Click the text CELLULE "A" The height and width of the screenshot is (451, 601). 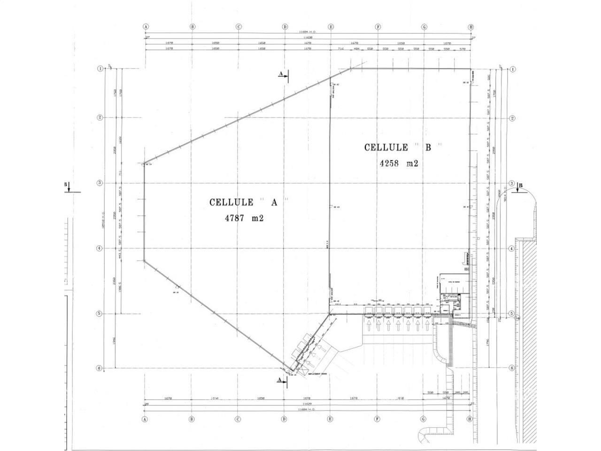249,202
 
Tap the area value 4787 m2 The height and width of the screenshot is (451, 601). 244,218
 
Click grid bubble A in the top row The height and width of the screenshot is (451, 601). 146,27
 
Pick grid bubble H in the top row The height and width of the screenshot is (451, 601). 470,27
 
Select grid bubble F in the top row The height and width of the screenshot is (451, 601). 378,27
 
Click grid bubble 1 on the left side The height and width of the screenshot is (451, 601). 100,69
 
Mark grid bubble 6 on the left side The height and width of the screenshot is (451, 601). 100,368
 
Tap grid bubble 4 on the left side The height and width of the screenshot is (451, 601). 100,248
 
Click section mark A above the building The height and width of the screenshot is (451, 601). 282,74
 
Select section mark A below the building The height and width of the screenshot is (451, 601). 281,379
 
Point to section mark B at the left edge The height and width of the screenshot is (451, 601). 66,185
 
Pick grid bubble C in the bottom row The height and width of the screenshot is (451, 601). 238,419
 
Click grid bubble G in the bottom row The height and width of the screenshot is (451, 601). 424,419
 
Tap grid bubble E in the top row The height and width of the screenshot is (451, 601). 331,27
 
